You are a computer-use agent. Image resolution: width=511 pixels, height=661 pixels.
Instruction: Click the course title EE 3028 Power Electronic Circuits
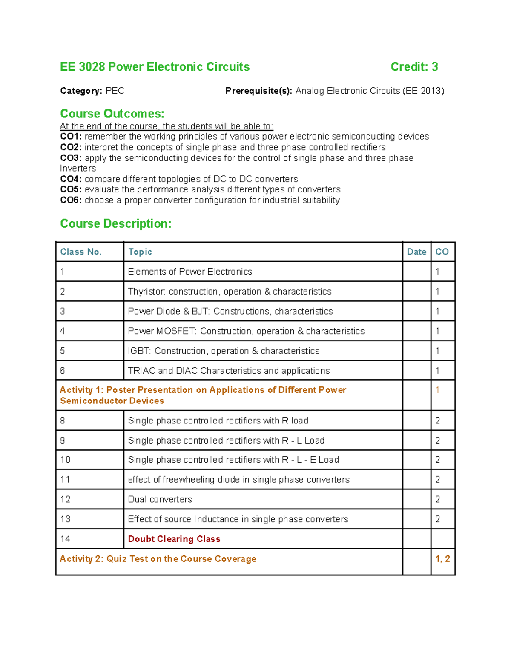click(155, 67)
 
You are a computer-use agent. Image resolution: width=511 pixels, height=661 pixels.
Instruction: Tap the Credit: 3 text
click(414, 67)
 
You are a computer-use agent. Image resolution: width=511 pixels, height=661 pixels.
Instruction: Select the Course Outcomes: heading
click(112, 114)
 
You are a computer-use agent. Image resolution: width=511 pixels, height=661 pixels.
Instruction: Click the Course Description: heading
click(115, 223)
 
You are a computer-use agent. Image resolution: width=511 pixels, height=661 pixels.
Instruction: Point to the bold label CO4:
click(71, 179)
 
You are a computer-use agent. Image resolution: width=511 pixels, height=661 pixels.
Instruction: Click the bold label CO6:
click(71, 200)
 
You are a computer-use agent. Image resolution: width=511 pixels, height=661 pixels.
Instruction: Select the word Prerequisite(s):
click(258, 91)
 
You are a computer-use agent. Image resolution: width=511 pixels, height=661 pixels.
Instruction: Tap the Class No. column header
click(81, 252)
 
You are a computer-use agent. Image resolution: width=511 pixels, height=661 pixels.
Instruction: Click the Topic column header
click(140, 252)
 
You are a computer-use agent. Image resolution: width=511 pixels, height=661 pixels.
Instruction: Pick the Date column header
click(416, 252)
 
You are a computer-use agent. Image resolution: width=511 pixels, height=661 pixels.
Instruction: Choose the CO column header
click(442, 252)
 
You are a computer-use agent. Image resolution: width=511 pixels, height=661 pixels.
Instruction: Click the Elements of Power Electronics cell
click(190, 272)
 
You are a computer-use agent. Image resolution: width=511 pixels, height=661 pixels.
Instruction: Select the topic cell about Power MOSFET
click(246, 331)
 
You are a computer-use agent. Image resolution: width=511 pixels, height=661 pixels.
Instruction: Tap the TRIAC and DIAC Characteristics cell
click(229, 371)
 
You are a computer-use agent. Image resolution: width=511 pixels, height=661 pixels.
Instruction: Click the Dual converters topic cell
click(160, 499)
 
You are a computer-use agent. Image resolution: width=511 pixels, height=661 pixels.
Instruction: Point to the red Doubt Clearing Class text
click(174, 539)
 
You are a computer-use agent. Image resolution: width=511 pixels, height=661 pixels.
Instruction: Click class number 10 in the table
click(65, 460)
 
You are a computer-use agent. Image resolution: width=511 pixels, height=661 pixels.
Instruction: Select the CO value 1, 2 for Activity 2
click(442, 559)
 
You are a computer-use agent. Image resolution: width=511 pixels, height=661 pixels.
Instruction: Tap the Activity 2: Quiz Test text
click(158, 559)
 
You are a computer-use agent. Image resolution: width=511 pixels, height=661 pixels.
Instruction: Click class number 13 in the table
click(65, 519)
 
